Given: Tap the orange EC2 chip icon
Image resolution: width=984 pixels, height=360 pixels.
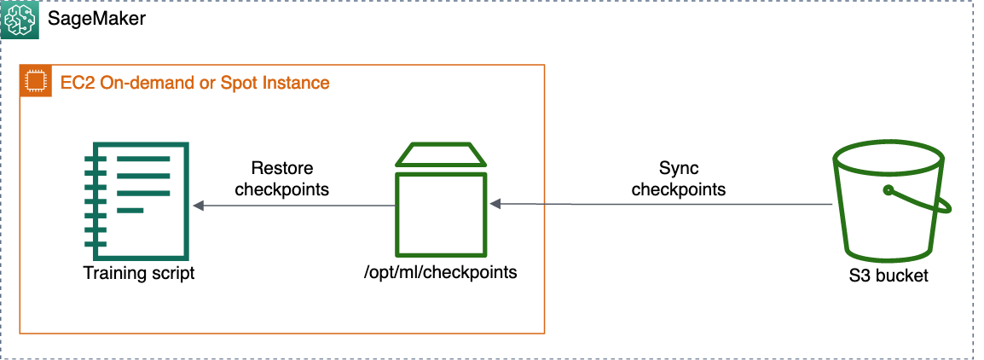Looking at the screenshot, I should [35, 82].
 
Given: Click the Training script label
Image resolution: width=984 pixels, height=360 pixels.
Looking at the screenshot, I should [138, 273].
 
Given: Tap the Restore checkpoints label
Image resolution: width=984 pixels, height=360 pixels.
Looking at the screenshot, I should [281, 178].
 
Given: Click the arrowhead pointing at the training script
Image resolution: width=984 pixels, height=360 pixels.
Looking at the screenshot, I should [199, 206].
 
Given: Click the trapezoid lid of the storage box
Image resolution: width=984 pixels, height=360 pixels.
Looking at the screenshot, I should [441, 154].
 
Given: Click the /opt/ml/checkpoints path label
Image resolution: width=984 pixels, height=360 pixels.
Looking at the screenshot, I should [441, 273].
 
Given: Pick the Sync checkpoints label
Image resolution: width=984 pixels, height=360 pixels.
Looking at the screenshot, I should [679, 178].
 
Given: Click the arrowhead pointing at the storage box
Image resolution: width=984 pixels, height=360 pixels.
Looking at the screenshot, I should [495, 204].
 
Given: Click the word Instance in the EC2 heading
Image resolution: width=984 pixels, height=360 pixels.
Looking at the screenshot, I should [296, 83].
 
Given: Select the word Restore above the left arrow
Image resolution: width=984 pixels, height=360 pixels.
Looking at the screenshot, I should [281, 168].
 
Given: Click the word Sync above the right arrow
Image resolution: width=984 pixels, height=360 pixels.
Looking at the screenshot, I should [679, 168].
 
